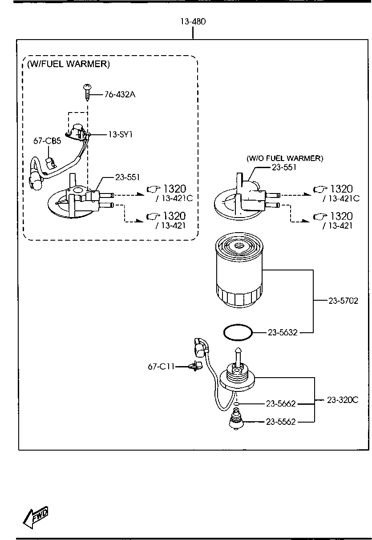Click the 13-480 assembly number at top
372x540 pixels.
[x=193, y=22]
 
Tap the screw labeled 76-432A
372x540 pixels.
[x=87, y=93]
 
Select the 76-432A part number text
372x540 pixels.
[x=120, y=94]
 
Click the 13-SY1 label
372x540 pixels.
[x=120, y=134]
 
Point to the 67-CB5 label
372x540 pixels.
[x=47, y=141]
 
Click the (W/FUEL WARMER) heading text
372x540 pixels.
[x=69, y=64]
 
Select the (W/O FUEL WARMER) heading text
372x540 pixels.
[x=285, y=158]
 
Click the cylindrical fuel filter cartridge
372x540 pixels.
[x=239, y=270]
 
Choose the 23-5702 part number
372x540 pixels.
[x=343, y=301]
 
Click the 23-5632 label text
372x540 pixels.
[x=283, y=332]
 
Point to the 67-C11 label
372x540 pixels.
[x=161, y=367]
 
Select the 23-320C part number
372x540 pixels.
[x=343, y=400]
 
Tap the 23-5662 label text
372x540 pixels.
[x=281, y=403]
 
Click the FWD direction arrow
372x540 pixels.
[x=36, y=517]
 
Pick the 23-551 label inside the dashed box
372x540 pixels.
[x=127, y=177]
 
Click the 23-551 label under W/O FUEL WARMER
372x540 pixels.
[x=284, y=167]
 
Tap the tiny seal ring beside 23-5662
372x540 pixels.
[x=236, y=403]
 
